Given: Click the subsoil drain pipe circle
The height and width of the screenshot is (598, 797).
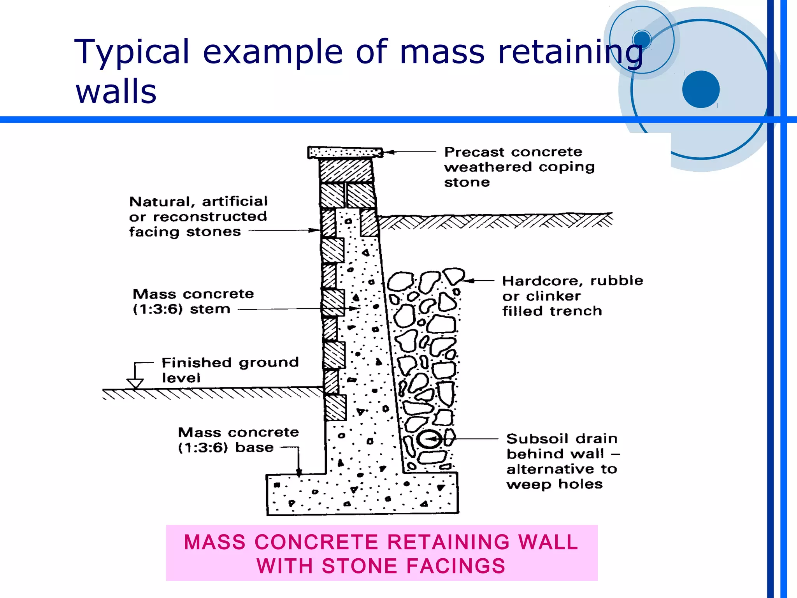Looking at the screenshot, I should (430, 439).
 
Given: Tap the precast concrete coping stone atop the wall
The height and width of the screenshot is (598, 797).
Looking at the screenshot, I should (345, 152).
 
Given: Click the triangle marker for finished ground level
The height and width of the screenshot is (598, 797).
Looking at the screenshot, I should (135, 383).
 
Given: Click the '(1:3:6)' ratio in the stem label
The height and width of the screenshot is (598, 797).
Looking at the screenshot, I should (158, 309).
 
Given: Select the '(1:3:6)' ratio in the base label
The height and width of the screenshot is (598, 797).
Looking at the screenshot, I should (203, 448).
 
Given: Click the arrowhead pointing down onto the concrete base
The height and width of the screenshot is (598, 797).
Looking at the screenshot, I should (298, 473).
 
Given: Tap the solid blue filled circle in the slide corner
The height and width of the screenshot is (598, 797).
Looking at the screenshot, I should (700, 89).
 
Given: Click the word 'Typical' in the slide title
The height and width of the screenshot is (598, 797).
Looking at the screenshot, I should (132, 52).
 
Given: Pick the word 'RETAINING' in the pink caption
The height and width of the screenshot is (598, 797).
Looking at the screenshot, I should (448, 542).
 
